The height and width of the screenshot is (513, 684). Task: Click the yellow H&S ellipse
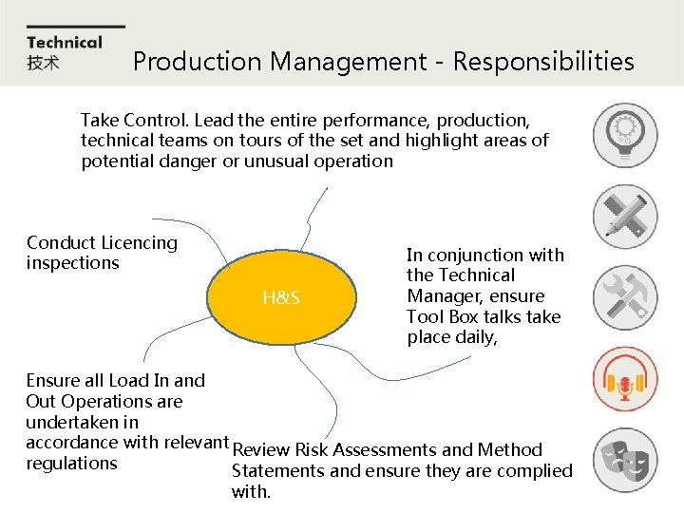pos(282,298)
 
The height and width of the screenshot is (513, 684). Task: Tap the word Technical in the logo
pos(64,42)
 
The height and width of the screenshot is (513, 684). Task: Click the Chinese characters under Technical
pos(43,63)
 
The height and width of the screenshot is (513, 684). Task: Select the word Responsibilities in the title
pos(543,62)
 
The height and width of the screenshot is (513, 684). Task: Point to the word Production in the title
pos(197,62)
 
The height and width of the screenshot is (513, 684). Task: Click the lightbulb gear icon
pos(624,134)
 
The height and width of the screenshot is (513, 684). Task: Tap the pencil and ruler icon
pos(624,216)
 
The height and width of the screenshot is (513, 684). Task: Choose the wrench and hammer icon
pos(624,297)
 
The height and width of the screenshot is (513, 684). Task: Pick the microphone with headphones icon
pos(624,379)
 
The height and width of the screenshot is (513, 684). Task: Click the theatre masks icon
pos(624,461)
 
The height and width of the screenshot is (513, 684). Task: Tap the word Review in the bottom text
pos(261,450)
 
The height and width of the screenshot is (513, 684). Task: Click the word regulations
pos(71,464)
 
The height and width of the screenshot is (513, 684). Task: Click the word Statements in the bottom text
pos(276,471)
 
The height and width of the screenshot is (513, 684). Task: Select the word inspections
pos(73,263)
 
